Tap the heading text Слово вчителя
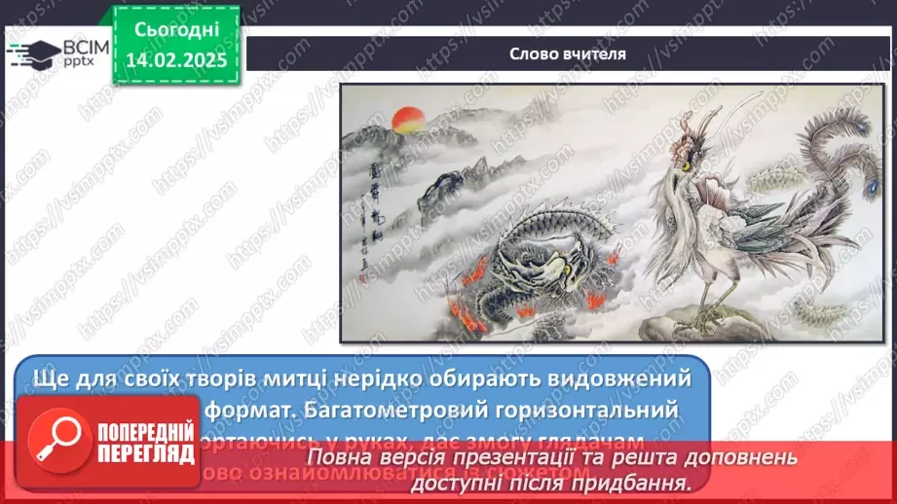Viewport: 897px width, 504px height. pos(568,54)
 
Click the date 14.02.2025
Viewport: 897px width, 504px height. pos(174,60)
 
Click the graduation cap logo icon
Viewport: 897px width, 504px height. pos(33,52)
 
